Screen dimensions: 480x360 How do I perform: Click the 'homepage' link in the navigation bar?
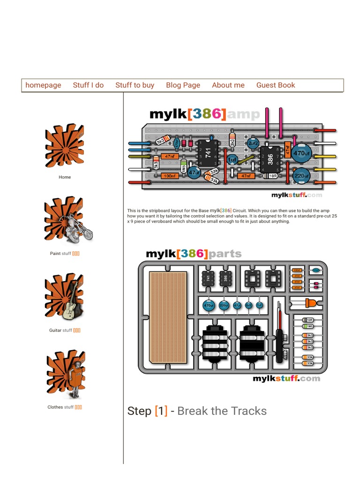click(43, 85)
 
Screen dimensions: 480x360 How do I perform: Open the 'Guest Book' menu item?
click(276, 85)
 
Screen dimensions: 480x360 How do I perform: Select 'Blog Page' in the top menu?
click(183, 85)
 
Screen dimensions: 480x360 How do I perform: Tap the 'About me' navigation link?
click(228, 85)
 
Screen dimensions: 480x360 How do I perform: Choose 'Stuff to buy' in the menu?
click(135, 85)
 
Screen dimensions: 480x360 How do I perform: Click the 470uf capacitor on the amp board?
click(301, 153)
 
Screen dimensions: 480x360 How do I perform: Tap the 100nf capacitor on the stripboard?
click(169, 176)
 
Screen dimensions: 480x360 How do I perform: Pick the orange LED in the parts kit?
click(310, 303)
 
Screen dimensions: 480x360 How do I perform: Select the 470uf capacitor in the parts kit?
click(208, 305)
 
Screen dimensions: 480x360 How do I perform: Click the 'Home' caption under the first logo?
click(65, 177)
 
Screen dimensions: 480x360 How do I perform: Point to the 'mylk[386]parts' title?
click(194, 254)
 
